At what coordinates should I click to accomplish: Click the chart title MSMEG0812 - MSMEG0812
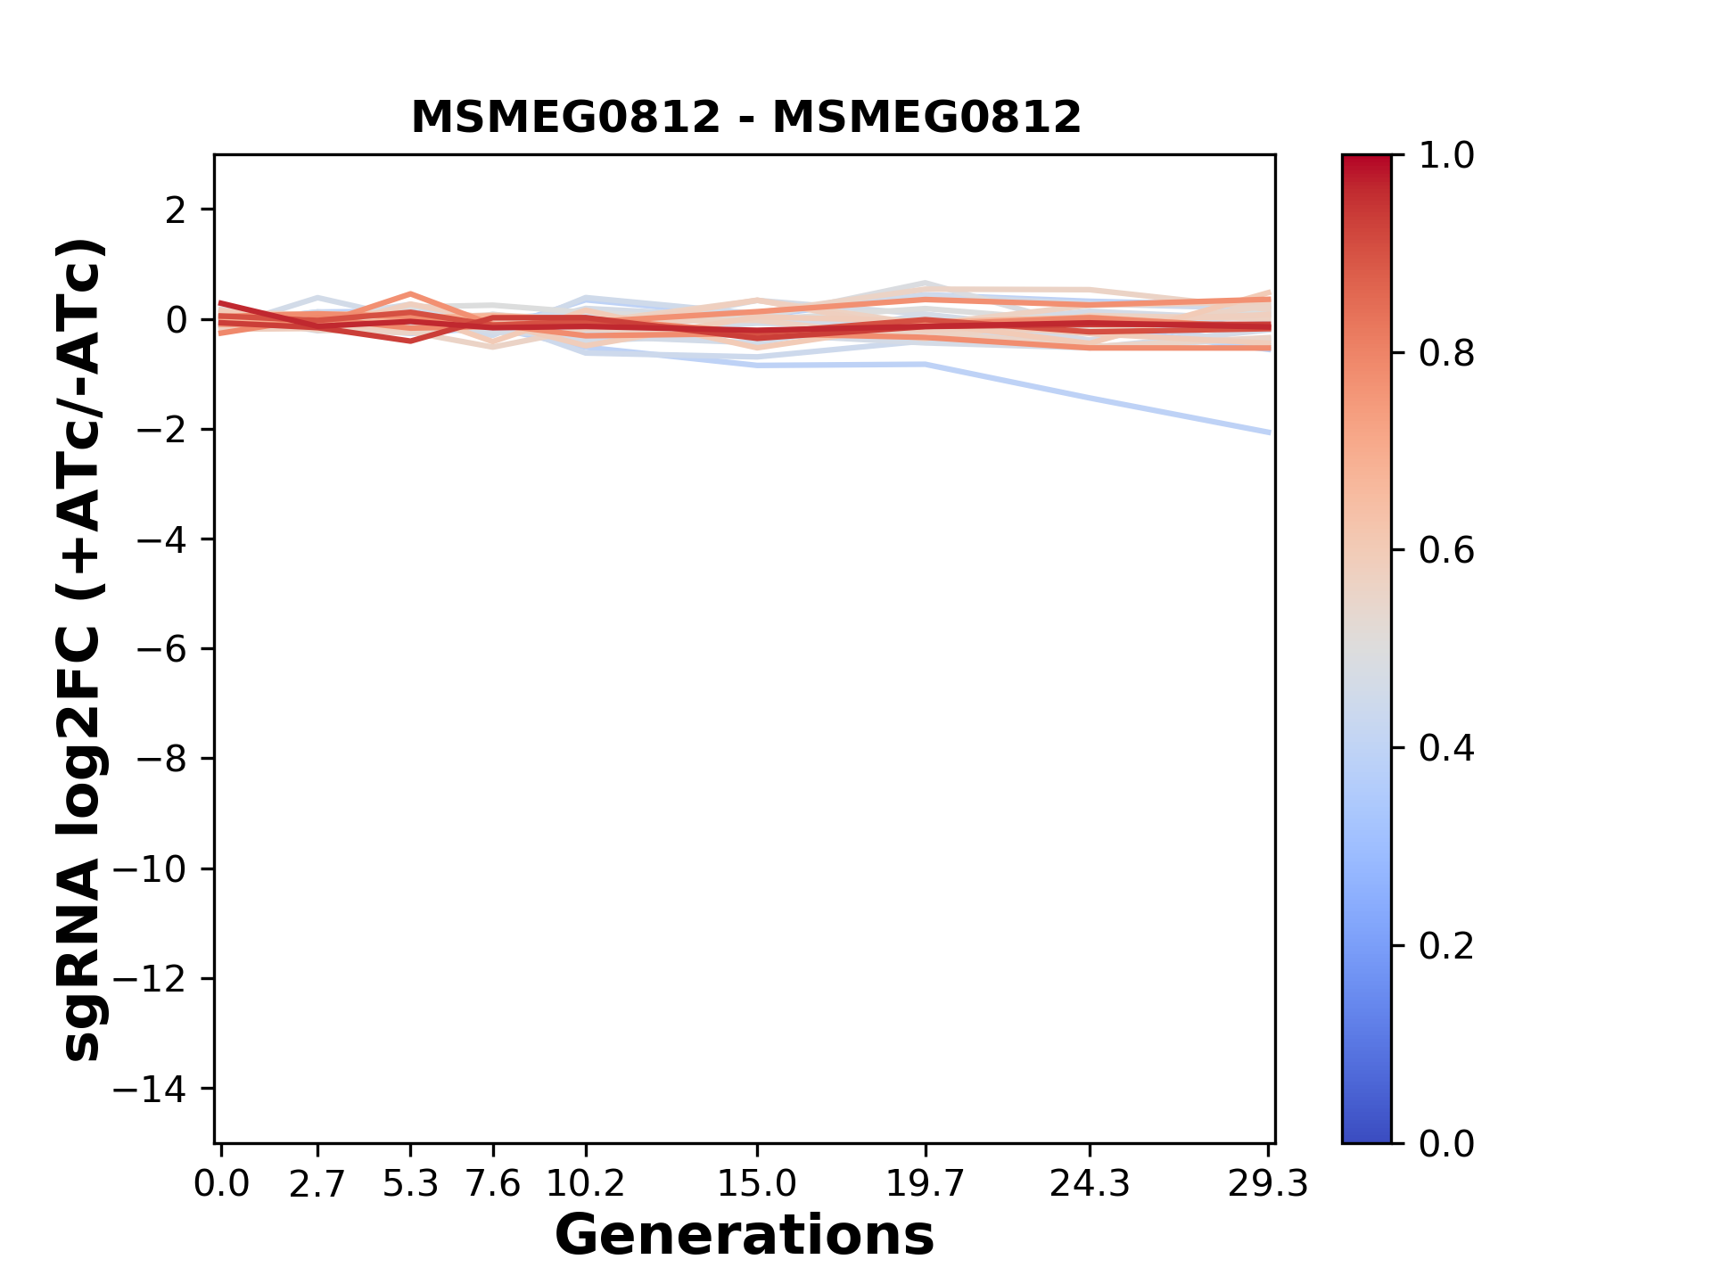(745, 118)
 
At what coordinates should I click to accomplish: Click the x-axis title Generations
(745, 1235)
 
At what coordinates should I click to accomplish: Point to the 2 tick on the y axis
(176, 210)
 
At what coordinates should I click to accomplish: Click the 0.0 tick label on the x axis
(221, 1184)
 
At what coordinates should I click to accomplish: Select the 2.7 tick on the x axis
(317, 1184)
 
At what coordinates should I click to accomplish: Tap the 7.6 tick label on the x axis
(493, 1184)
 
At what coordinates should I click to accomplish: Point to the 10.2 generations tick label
(585, 1184)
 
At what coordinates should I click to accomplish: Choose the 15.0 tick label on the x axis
(757, 1184)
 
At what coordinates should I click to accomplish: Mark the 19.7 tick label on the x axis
(926, 1184)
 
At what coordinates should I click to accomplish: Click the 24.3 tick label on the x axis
(1090, 1184)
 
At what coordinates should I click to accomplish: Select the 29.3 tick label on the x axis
(1268, 1184)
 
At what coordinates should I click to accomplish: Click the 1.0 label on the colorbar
(1446, 156)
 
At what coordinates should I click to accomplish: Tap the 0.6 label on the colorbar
(1446, 551)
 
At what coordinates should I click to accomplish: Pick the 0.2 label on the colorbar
(1446, 946)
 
